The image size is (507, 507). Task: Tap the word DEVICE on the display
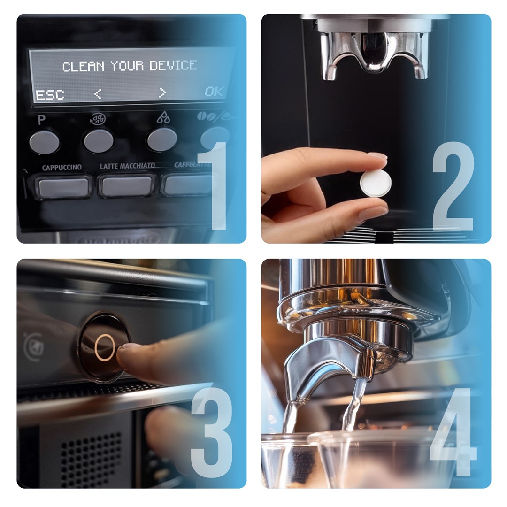173,65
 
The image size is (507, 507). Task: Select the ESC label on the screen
50,95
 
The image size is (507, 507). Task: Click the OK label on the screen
214,92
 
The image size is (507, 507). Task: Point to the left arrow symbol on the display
98,94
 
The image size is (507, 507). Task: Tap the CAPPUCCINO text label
61,168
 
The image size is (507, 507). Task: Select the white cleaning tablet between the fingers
376,183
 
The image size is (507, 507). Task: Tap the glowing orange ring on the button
104,347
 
